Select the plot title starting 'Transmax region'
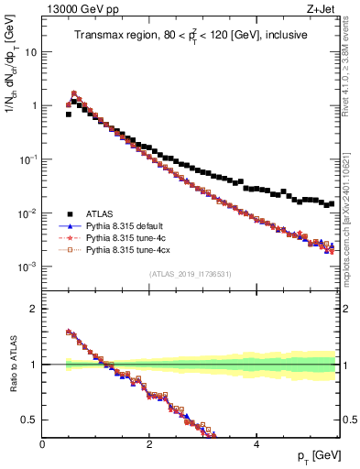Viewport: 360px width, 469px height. [x=191, y=35]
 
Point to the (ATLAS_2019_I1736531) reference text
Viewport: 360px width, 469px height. [x=191, y=274]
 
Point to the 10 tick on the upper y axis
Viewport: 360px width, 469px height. [x=30, y=52]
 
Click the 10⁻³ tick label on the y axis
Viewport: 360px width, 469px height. [x=27, y=267]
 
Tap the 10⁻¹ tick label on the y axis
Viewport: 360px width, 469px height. [x=27, y=159]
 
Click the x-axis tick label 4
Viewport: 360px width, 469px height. [x=256, y=444]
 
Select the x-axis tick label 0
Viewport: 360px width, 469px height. [x=42, y=444]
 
